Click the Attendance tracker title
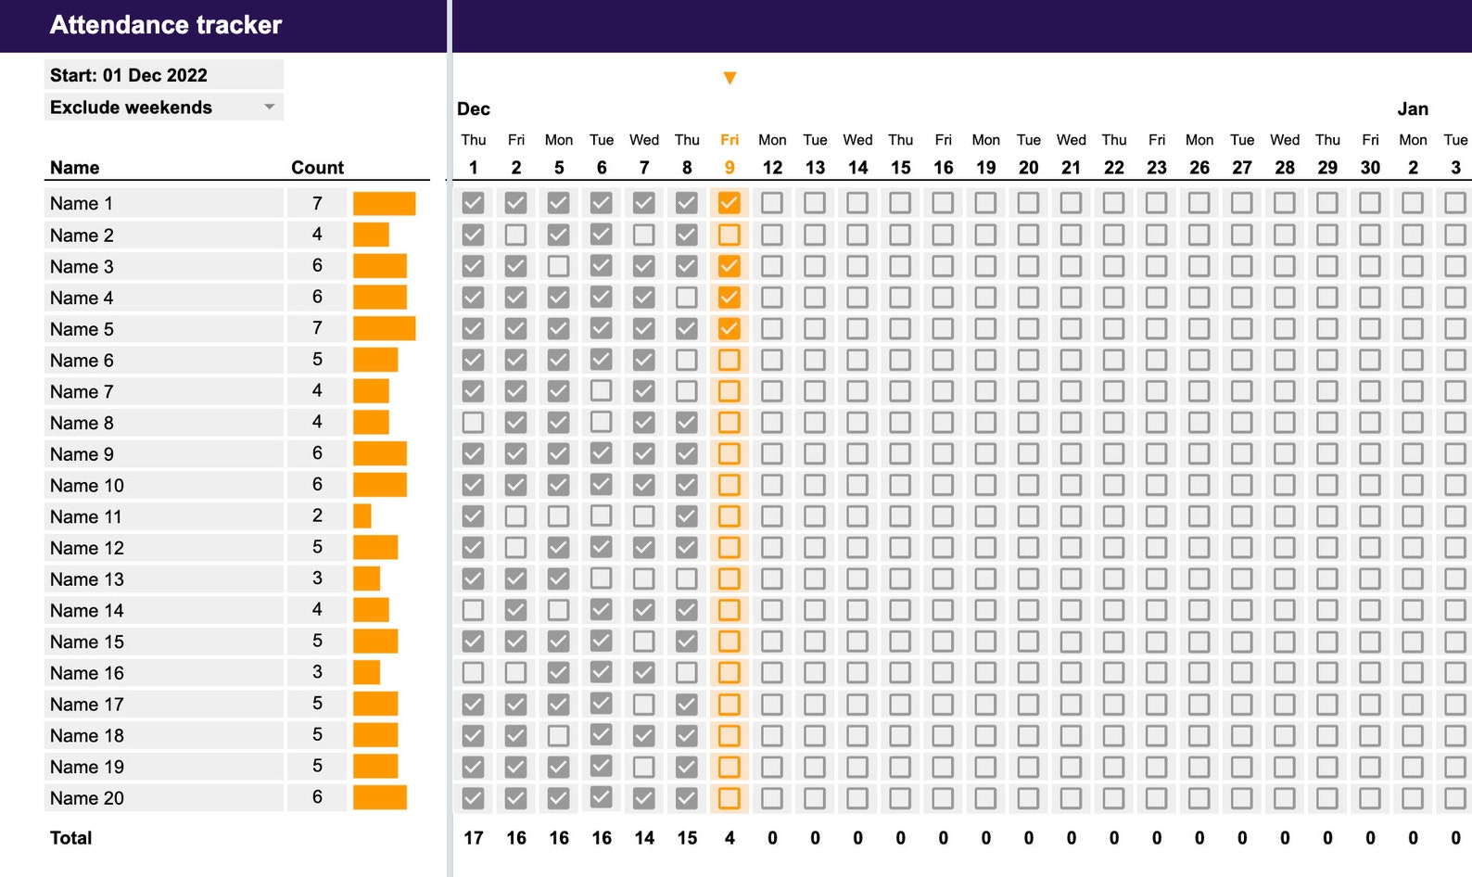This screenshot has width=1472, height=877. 166,25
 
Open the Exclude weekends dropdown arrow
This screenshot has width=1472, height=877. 269,107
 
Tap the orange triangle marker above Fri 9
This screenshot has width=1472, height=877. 730,78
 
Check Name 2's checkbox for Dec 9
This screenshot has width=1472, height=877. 730,235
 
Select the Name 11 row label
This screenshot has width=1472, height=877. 86,516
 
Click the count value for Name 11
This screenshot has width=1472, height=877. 317,515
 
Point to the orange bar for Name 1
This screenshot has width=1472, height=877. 384,203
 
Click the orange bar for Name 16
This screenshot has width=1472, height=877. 366,672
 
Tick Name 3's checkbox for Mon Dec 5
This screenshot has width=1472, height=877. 558,266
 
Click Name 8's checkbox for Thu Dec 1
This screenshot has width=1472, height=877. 473,423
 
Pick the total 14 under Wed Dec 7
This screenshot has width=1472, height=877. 644,838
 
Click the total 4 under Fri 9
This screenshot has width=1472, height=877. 730,838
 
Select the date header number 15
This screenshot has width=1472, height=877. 900,168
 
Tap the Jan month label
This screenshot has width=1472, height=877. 1413,109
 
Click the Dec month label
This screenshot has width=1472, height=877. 473,109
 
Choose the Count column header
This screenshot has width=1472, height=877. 317,168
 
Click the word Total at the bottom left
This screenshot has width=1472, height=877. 71,838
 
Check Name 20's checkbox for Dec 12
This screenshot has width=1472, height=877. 772,797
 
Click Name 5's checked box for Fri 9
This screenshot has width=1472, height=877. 730,328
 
